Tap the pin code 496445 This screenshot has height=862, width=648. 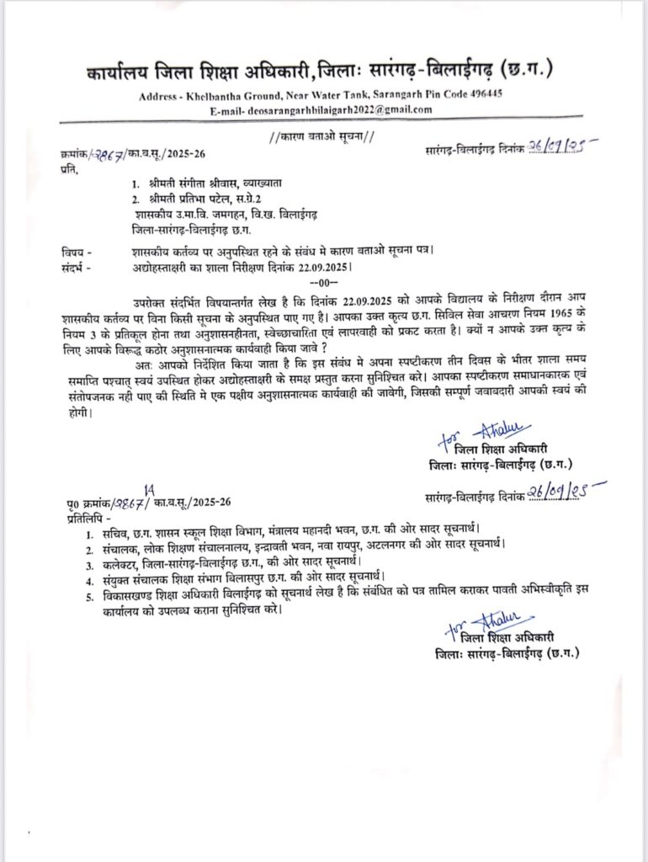(x=481, y=93)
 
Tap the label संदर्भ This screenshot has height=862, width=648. (x=73, y=268)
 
